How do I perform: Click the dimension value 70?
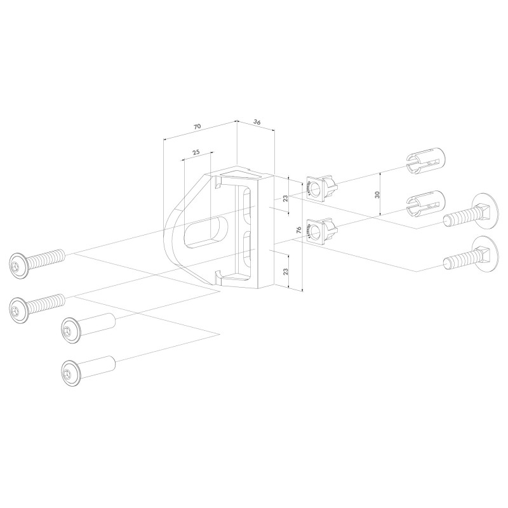197,126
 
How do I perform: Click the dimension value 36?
257,122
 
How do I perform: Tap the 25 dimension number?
196,152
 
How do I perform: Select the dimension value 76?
298,230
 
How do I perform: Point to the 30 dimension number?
377,194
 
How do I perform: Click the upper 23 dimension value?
285,198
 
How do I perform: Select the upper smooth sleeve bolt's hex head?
70,331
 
